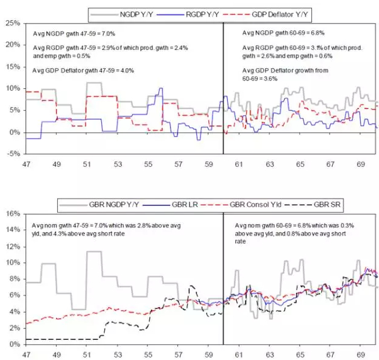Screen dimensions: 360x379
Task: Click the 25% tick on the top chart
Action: point(12,23)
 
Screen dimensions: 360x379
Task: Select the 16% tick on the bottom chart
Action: point(12,214)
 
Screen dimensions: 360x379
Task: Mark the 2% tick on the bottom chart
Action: point(13,328)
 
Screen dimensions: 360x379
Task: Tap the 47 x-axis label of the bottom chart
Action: point(26,353)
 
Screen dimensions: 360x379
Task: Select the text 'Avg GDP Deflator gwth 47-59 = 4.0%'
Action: point(82,71)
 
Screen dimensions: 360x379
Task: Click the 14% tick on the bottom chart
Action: point(12,230)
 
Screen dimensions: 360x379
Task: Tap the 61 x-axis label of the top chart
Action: point(239,164)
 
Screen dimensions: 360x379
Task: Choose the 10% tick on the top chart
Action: point(12,89)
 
